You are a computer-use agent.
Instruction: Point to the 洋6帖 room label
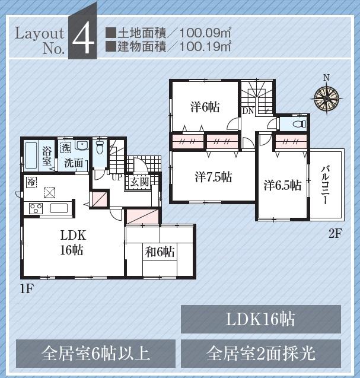[205, 107]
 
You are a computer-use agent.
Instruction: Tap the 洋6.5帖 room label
[282, 185]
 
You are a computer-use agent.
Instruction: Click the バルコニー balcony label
[326, 185]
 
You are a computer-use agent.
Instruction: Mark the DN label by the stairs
[248, 111]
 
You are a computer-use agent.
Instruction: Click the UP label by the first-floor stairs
[117, 176]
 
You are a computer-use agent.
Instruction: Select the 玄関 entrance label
[139, 182]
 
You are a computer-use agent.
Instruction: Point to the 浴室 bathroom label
[46, 155]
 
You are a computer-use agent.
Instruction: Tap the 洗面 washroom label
[74, 163]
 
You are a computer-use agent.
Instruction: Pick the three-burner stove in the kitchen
[36, 208]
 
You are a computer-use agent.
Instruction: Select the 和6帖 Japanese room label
[160, 252]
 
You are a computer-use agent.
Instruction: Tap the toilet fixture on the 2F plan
[297, 125]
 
